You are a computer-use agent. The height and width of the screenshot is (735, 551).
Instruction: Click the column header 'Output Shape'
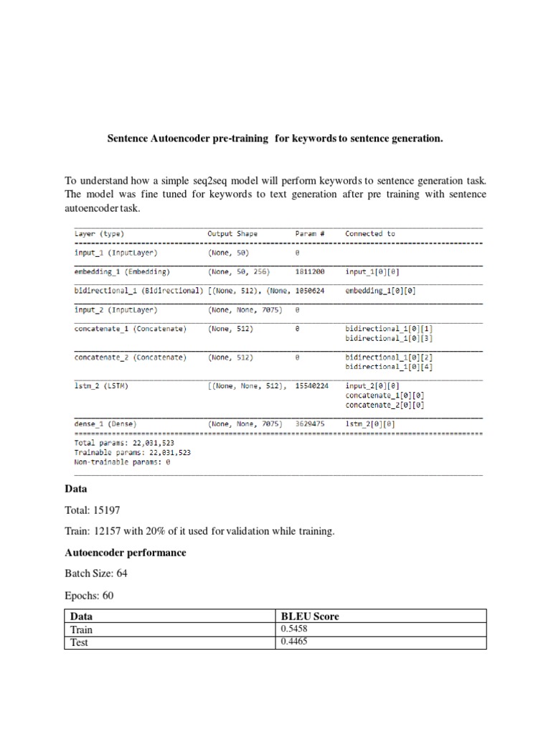pos(232,233)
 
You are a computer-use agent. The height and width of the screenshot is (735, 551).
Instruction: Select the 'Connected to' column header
pos(369,233)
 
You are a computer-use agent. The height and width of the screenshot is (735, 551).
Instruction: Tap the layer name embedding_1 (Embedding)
pos(121,272)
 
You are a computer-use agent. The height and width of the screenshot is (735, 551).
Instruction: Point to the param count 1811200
pos(310,272)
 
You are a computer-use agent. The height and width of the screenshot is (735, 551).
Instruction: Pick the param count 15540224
pos(312,385)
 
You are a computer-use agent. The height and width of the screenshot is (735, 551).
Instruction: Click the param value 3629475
pos(310,423)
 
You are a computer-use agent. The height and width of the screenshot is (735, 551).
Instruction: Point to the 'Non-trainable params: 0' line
pos(123,462)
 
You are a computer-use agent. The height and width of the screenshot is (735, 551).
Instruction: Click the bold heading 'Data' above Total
pos(76,488)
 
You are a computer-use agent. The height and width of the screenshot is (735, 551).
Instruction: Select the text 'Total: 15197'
pos(93,510)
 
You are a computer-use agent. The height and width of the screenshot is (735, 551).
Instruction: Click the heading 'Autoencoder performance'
pos(125,553)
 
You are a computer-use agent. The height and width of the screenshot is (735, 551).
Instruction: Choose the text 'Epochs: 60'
pos(89,596)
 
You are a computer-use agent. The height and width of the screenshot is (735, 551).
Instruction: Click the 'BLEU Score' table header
pos(311,617)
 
